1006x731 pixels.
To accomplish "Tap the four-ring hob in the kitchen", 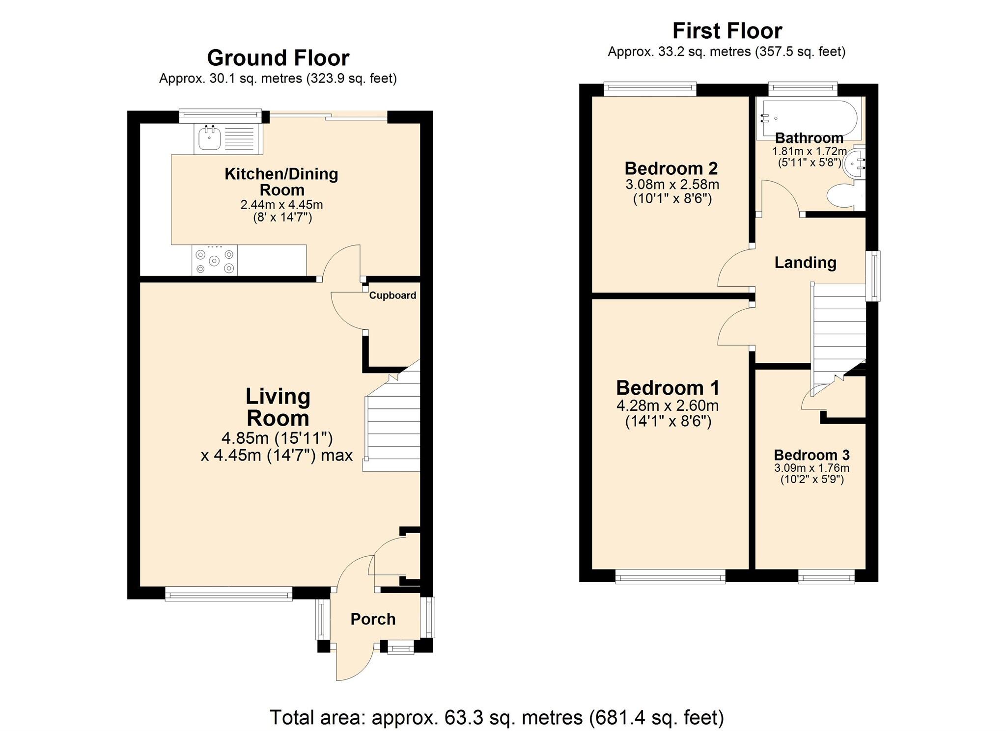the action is (x=215, y=260).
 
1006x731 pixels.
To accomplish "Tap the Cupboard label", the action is (x=392, y=295).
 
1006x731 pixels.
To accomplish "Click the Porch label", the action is (x=373, y=619).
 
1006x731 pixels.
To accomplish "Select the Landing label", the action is (x=805, y=263).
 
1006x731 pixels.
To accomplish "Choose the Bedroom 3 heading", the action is (x=811, y=455).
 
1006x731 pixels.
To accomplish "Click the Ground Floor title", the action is (x=278, y=58).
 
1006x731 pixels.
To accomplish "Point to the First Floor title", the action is (x=727, y=31).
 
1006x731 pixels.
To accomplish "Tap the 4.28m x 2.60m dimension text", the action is (x=668, y=406).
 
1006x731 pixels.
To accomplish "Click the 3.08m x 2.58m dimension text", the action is (x=672, y=185).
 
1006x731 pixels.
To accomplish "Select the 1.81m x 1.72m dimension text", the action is (x=810, y=151).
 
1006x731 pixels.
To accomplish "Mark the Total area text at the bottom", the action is (x=497, y=717).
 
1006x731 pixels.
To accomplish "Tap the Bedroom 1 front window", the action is (x=670, y=576).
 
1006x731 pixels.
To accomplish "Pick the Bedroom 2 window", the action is (x=650, y=89).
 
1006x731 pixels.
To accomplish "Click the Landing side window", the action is (x=872, y=276).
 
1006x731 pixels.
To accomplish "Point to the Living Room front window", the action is (x=229, y=594).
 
